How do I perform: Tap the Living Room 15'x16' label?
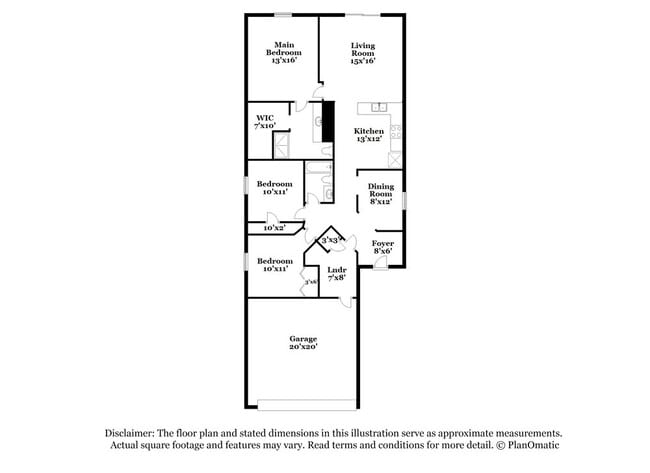coord(362,53)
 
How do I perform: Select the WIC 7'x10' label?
coord(264,122)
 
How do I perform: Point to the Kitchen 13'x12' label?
coord(369,135)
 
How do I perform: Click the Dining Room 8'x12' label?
coord(380,192)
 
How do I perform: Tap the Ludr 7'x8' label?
coord(337,273)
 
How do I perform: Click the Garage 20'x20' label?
coord(303,343)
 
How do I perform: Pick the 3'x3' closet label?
coord(330,241)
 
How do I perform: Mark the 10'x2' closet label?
coord(274,229)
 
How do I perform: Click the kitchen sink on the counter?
coord(379,106)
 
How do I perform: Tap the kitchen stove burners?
coord(397,131)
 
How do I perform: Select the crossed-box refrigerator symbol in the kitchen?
coord(397,158)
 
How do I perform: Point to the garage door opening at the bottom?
coord(306,404)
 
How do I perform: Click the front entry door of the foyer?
coord(380,264)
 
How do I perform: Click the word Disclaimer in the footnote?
coord(133,433)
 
